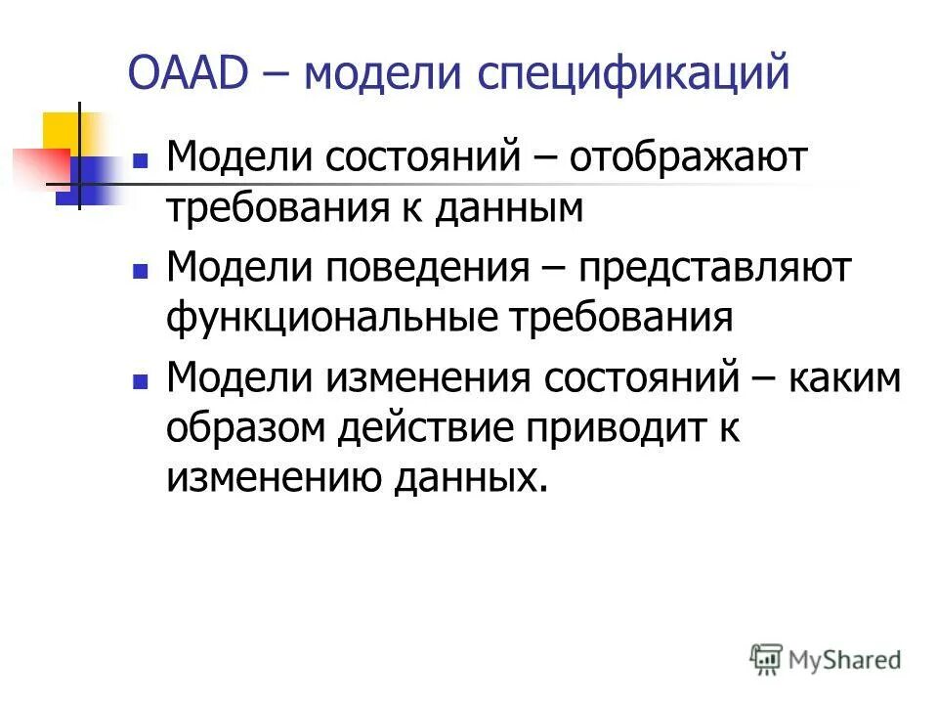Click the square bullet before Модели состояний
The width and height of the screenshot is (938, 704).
pos(141,158)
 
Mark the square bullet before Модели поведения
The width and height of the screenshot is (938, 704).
pos(141,268)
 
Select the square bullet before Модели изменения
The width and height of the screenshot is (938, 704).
pos(141,377)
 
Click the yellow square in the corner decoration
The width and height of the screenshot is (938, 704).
pos(61,132)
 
